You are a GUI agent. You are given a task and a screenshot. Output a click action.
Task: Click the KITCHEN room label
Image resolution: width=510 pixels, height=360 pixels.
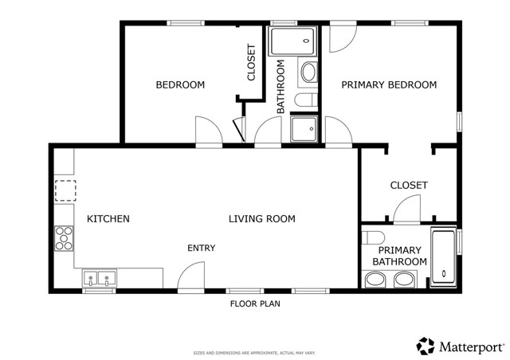(x=108, y=219)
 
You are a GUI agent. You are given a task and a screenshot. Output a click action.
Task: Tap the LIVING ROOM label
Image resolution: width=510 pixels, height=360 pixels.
(x=261, y=219)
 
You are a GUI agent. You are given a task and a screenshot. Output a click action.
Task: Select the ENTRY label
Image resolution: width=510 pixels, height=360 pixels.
(x=201, y=248)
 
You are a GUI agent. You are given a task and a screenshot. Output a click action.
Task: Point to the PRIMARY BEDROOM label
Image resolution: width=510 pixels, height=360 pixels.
(x=389, y=85)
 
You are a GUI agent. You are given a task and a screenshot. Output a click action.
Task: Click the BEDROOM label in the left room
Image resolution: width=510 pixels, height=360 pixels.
(x=179, y=85)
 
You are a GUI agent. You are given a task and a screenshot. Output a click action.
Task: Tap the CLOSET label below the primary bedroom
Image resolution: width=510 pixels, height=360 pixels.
(x=408, y=186)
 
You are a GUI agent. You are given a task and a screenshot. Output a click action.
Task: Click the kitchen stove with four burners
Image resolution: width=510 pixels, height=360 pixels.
(x=64, y=237)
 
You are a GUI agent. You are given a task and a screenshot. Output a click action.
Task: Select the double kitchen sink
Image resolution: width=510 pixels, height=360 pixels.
(x=100, y=280)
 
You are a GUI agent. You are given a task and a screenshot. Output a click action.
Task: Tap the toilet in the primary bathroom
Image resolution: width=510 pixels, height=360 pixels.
(x=373, y=237)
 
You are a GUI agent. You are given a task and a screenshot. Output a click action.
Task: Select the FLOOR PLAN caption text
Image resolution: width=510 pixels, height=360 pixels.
(x=255, y=303)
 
